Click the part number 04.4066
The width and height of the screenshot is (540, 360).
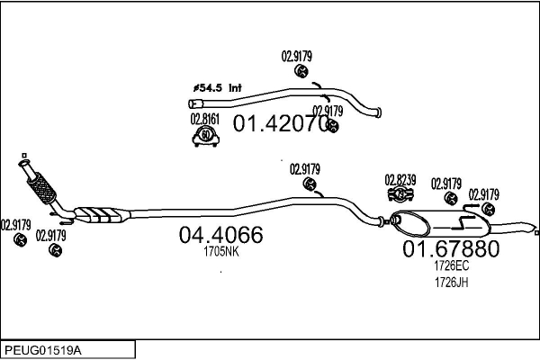220,236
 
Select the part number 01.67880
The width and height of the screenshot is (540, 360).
450,248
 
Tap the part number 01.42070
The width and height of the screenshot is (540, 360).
281,124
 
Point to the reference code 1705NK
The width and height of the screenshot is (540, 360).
220,252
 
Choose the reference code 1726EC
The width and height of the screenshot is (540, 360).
451,266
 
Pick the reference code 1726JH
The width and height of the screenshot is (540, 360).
451,282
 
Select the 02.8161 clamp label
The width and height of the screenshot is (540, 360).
204,118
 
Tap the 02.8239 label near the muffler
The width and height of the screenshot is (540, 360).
400,179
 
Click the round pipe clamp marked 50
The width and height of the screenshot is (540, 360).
208,137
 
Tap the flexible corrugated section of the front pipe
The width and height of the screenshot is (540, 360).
41,186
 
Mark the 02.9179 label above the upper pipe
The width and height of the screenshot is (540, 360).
297,56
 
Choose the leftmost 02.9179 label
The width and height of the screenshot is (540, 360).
15,225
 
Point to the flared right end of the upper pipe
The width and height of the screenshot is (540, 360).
376,112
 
